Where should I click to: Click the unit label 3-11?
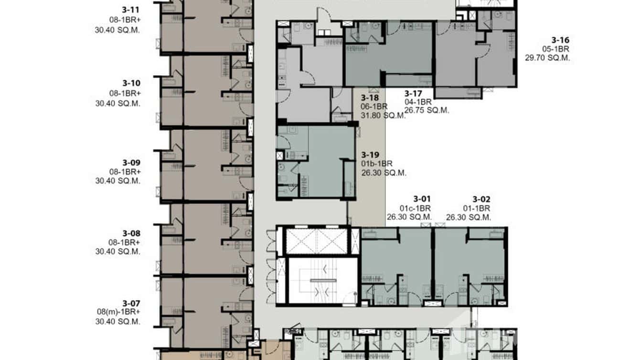[131, 9]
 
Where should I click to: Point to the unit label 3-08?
[131, 233]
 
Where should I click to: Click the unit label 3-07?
[131, 303]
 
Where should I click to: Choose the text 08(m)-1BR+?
[118, 312]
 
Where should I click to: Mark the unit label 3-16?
[560, 40]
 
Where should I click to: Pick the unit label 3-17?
[413, 93]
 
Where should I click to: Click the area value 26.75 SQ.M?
[427, 110]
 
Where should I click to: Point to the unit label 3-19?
[370, 155]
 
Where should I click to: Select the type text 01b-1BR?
[377, 164]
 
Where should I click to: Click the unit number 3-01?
[422, 199]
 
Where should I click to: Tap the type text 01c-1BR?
[415, 208]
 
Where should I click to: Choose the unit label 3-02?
[481, 199]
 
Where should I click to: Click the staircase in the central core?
[323, 280]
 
